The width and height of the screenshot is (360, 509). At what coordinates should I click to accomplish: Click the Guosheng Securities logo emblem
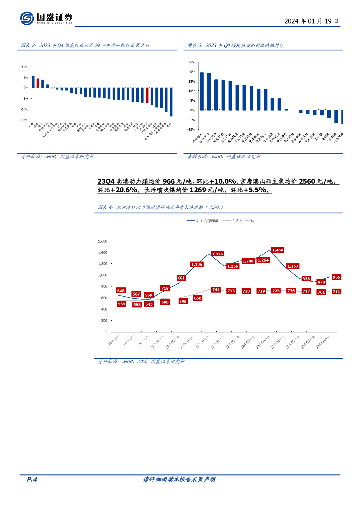click(x=27, y=18)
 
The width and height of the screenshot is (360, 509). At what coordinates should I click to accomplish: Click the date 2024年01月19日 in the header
click(x=312, y=21)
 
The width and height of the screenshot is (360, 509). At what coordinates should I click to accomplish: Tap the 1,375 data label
click(x=217, y=254)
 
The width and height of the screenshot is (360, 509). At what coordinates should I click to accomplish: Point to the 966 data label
click(x=336, y=277)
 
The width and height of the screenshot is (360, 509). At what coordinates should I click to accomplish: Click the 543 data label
click(x=149, y=304)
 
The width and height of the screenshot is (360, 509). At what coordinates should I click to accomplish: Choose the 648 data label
click(x=121, y=290)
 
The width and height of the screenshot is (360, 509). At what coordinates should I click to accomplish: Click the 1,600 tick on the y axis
click(x=103, y=241)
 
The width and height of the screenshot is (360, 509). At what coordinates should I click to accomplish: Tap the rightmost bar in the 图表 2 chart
click(x=171, y=102)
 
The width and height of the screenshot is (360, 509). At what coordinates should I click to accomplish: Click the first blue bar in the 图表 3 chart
click(x=202, y=91)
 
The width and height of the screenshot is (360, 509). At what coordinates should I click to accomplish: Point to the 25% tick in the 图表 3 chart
click(x=192, y=62)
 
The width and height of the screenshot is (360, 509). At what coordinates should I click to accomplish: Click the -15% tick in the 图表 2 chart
click(x=24, y=120)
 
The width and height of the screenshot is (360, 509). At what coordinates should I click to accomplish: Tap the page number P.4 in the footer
click(x=32, y=479)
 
